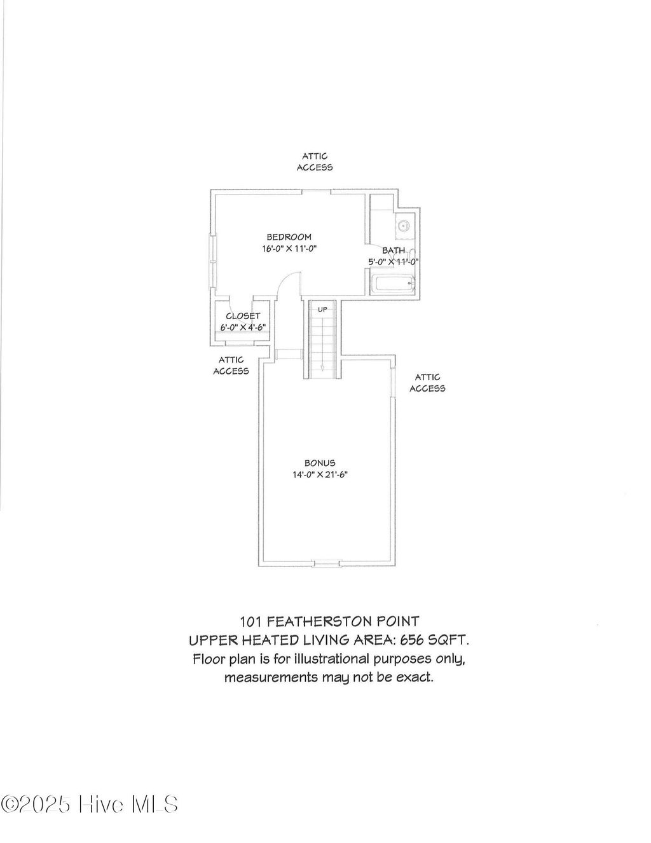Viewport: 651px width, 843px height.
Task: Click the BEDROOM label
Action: point(289,237)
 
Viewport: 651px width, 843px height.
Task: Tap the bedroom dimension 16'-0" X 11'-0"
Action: point(289,249)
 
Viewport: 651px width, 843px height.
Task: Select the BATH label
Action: point(394,250)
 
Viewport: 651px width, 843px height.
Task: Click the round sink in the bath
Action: point(404,226)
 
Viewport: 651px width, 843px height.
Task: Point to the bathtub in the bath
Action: point(392,285)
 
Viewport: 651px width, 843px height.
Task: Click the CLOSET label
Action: point(243,316)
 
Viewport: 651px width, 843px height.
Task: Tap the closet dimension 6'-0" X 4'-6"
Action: point(243,327)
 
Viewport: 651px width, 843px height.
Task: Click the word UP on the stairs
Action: point(322,310)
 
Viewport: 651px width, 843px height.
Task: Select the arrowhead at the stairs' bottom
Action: point(322,367)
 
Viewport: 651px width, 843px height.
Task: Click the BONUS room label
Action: point(320,463)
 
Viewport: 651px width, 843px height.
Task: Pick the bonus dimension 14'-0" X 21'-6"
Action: point(320,475)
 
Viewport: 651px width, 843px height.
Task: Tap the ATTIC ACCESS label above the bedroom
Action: point(315,162)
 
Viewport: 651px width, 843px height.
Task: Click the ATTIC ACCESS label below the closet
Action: point(231,366)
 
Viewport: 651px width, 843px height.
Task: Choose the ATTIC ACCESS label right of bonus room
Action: point(427,383)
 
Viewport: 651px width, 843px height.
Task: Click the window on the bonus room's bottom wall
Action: point(327,563)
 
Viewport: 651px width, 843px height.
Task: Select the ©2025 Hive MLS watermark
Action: point(90,805)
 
